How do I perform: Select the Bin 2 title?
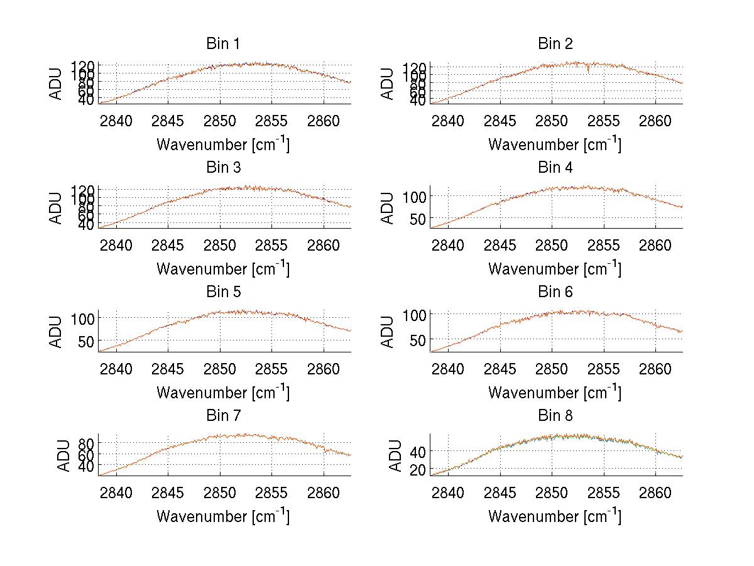pos(555,44)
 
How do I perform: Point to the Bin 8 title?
pos(555,416)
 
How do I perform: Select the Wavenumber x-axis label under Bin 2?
pos(555,144)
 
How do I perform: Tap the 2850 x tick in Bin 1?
pos(220,120)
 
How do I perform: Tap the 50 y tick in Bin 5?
pos(85,340)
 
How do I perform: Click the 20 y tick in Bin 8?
pos(417,469)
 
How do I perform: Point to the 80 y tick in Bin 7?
pos(85,442)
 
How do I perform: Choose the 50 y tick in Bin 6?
pos(417,339)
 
